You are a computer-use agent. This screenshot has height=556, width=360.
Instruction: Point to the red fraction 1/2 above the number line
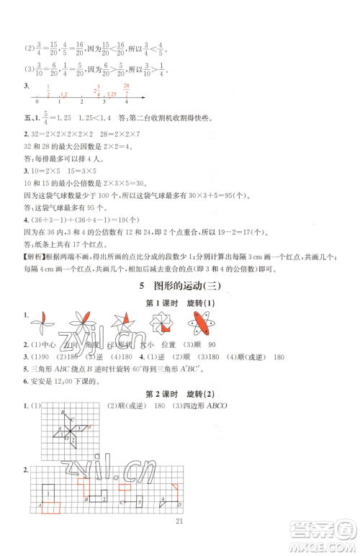[x=48, y=90]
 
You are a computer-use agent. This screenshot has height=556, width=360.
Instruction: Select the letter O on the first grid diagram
[x=68, y=439]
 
